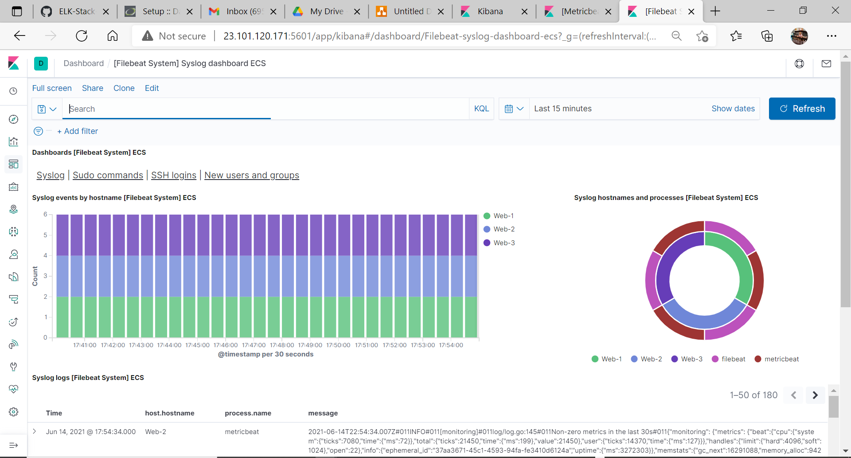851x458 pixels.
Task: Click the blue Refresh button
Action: [802, 109]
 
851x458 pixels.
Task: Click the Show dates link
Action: [733, 109]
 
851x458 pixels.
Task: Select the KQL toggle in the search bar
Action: [481, 109]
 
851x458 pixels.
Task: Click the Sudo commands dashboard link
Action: [108, 175]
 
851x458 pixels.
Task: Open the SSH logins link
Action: [173, 175]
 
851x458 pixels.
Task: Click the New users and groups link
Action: [251, 175]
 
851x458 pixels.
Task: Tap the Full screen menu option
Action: [52, 88]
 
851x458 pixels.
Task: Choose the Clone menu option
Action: [124, 88]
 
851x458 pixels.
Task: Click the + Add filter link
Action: [78, 131]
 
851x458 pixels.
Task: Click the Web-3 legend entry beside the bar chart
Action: [504, 243]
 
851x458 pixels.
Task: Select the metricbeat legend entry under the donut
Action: [781, 359]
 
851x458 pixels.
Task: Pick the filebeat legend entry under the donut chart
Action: [733, 359]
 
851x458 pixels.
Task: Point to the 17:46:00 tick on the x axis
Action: [226, 345]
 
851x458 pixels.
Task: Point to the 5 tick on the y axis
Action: [45, 235]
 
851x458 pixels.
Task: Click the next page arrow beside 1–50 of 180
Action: [815, 395]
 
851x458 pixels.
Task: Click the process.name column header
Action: [248, 413]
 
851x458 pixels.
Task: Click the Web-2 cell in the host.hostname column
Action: [156, 432]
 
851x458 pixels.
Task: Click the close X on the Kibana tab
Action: [524, 12]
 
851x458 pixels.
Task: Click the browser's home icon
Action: [113, 36]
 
